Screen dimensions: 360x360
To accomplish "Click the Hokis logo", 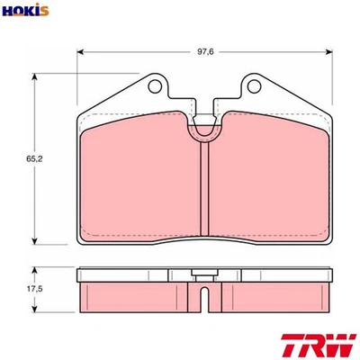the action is [25, 10].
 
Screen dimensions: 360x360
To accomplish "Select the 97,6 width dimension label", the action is [205, 51].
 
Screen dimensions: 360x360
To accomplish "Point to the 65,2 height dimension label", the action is [34, 159].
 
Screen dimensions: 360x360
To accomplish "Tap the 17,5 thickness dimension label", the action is [34, 289].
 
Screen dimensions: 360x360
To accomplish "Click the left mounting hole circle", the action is [155, 86].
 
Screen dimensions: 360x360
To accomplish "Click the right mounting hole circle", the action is [254, 86].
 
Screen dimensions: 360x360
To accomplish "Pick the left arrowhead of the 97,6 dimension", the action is [80, 52].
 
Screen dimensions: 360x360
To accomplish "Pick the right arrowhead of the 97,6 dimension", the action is [329, 52].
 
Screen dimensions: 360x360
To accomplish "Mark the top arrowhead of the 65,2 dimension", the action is [35, 76].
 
